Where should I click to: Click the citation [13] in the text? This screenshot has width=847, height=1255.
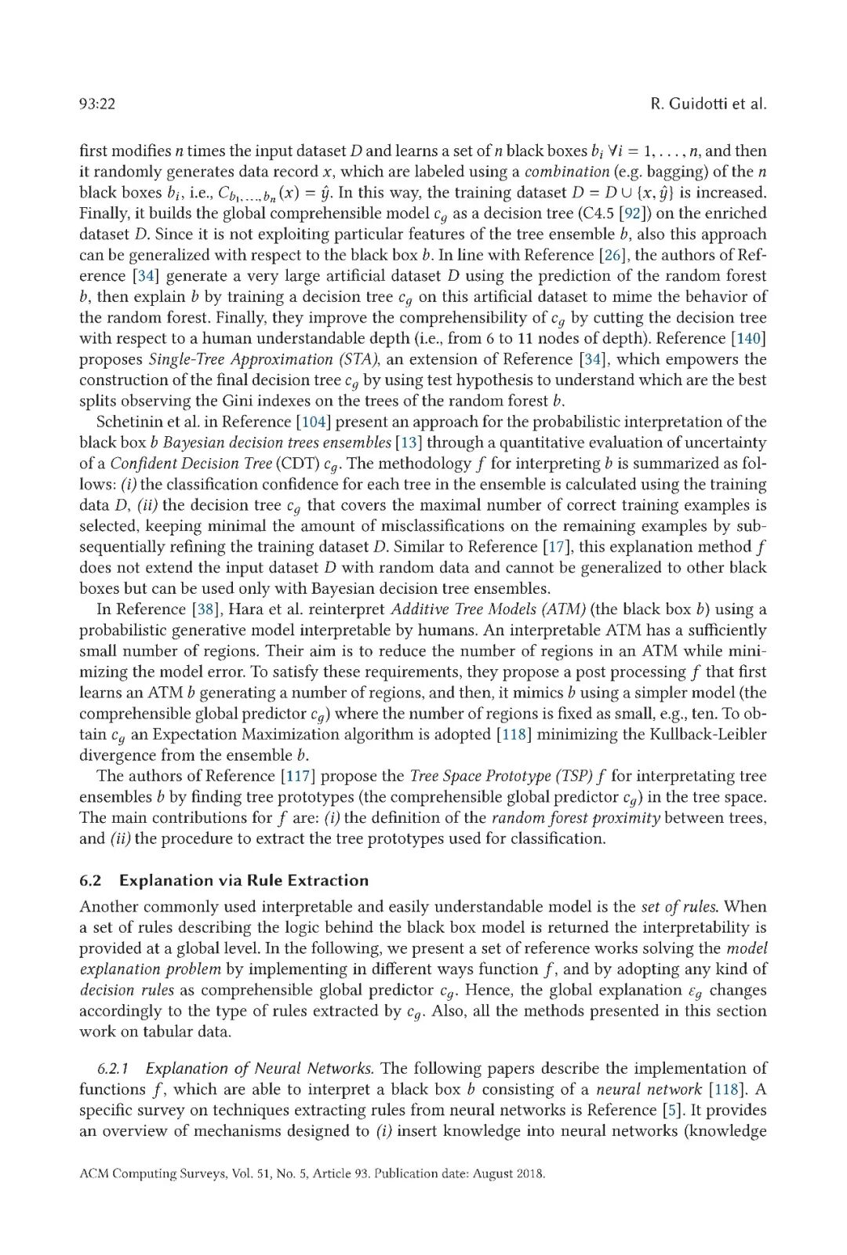click(x=409, y=442)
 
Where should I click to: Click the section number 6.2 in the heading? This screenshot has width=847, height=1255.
click(x=91, y=881)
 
